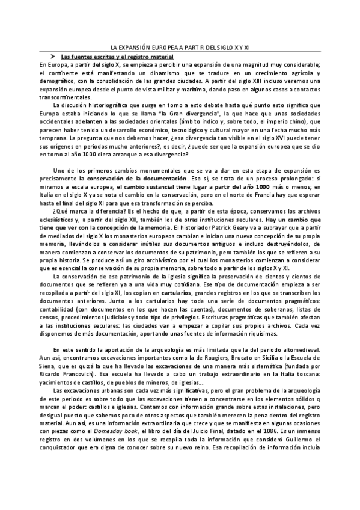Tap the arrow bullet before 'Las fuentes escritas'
pyautogui.click(x=53, y=55)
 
